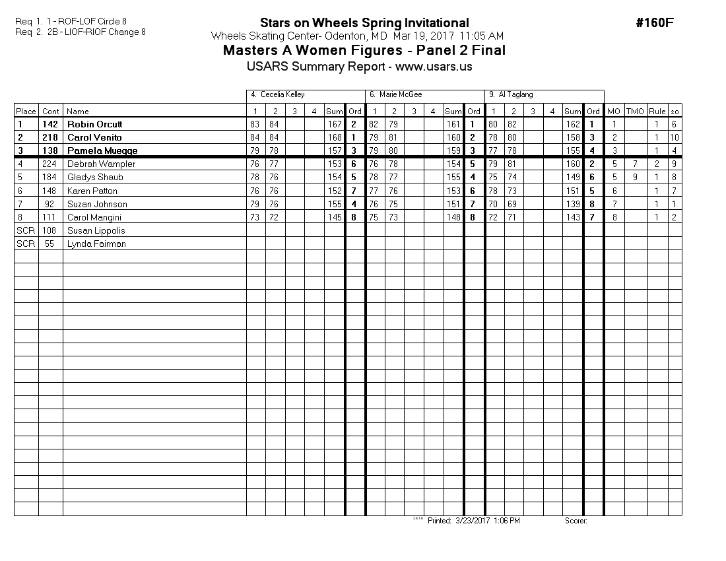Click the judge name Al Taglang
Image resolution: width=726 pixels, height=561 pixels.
point(515,95)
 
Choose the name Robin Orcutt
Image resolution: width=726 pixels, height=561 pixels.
point(95,124)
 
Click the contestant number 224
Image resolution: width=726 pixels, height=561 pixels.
point(50,164)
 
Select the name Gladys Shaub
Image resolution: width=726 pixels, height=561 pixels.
point(95,177)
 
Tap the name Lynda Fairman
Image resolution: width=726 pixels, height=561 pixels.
point(96,244)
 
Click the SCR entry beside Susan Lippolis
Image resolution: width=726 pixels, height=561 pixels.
point(26,230)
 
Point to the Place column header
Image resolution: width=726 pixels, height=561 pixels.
point(26,112)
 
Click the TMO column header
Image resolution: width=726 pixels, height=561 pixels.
point(635,112)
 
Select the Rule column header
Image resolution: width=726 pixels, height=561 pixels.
point(657,112)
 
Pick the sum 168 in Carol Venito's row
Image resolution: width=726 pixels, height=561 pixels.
point(335,137)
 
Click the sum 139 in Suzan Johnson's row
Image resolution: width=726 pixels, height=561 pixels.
point(572,204)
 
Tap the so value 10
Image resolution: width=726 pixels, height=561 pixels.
point(674,137)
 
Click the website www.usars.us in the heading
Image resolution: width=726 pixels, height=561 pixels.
point(434,67)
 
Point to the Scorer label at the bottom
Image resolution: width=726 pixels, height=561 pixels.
point(576,521)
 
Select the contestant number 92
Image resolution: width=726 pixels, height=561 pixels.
point(50,204)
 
